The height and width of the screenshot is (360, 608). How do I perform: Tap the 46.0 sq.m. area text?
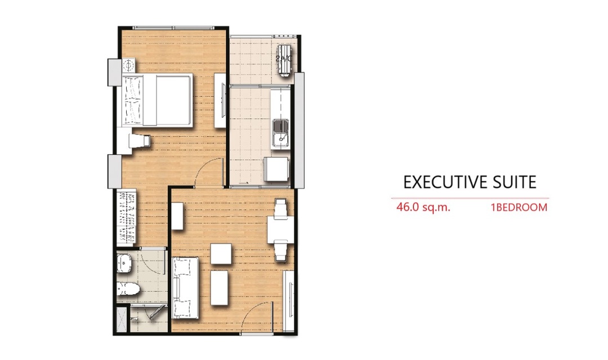tap(423, 207)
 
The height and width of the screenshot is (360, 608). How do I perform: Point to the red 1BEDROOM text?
tap(519, 208)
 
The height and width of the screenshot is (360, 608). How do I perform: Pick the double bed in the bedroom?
tap(158, 100)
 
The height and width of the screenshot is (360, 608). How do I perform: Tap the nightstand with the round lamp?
tap(128, 65)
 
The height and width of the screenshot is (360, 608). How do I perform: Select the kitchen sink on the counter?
tap(280, 132)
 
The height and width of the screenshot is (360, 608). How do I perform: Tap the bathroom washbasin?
tap(124, 263)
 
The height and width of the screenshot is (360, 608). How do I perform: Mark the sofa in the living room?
tap(185, 288)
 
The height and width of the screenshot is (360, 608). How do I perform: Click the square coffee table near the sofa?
tap(221, 254)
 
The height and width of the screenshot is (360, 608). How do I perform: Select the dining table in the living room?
tap(280, 230)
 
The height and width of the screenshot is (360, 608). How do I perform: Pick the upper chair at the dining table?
tap(280, 207)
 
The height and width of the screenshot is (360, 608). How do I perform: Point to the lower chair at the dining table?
tap(281, 250)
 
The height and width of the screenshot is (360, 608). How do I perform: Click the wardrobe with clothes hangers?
tap(127, 217)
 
